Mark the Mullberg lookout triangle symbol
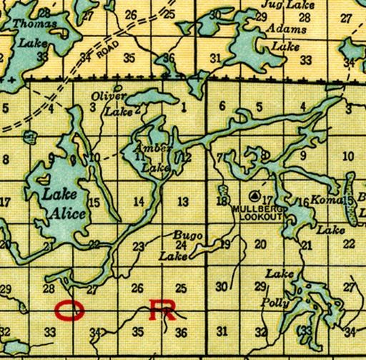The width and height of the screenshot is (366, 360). [x=254, y=195]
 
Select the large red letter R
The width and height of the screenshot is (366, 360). [x=163, y=310]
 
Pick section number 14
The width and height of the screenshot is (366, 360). [x=139, y=201]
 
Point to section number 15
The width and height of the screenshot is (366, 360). [x=94, y=203]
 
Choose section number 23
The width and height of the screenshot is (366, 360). [x=138, y=247]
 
